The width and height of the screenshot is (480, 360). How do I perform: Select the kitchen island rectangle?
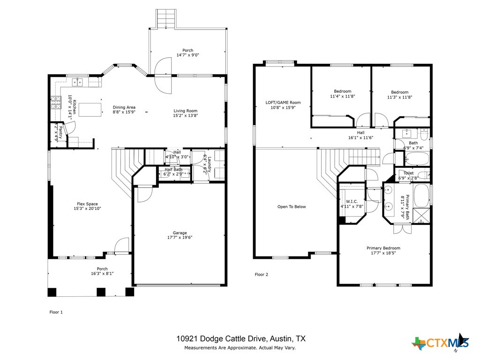click(x=90, y=110)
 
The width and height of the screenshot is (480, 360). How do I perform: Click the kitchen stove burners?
click(x=56, y=103)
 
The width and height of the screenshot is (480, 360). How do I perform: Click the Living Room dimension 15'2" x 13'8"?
click(x=185, y=115)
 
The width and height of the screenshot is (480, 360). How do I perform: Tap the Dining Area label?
click(x=124, y=107)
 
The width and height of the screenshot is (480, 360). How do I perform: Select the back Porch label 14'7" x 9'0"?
click(x=187, y=52)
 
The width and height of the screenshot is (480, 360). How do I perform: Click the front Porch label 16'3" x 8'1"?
click(x=102, y=271)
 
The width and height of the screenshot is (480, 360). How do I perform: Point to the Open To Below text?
click(x=292, y=207)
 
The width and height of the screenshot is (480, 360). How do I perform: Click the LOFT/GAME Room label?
click(x=283, y=103)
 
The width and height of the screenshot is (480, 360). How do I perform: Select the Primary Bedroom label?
click(x=383, y=248)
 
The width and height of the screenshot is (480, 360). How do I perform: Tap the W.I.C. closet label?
click(x=352, y=202)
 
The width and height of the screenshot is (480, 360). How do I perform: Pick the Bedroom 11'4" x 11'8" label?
click(x=342, y=91)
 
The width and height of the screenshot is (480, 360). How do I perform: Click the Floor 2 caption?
click(x=261, y=275)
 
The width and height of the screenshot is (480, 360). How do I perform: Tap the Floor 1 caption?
click(x=56, y=312)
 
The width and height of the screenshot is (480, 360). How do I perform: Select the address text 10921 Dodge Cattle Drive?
click(x=221, y=338)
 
